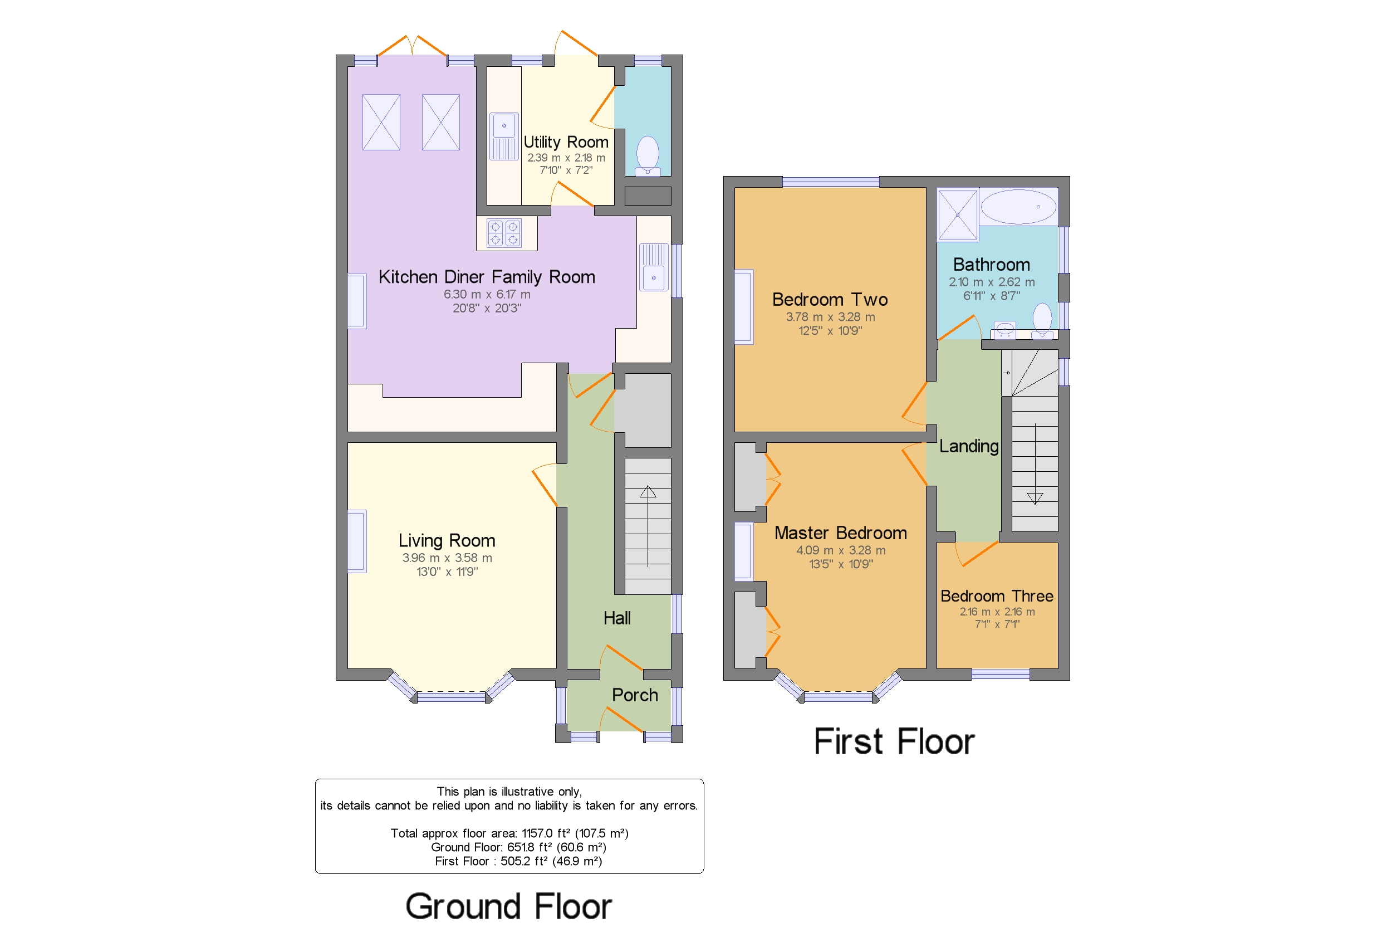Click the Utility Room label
point(566,142)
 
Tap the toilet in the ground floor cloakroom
point(647,155)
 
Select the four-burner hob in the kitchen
point(504,233)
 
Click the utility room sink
point(504,136)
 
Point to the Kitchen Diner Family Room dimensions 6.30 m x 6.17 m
point(487,294)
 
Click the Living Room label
point(447,540)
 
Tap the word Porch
point(634,695)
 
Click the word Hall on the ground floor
point(616,618)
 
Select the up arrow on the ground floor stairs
point(647,492)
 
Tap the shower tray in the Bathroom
point(957,215)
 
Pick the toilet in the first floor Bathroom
point(1042,320)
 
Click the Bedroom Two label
point(830,300)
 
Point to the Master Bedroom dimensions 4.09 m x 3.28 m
point(841,550)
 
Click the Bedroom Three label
point(996,596)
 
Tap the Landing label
point(968,446)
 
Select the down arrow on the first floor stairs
point(1034,498)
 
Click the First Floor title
point(893,741)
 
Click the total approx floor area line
point(509,833)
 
